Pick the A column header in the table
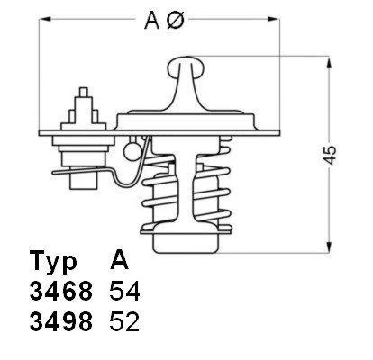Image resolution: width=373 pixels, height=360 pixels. pyautogui.click(x=119, y=262)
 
